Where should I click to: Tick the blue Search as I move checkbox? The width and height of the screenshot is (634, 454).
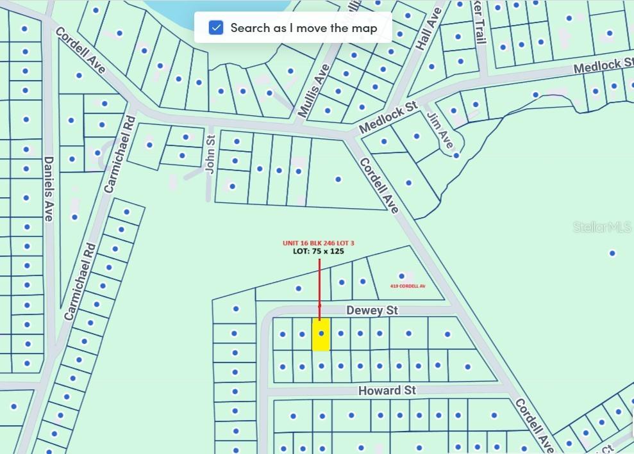tap(216, 28)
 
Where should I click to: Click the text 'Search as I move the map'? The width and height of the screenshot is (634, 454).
tap(303, 28)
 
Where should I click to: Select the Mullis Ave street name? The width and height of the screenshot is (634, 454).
tap(313, 90)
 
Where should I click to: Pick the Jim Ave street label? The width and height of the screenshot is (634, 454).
tap(440, 130)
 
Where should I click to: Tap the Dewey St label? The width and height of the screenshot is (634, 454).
tap(372, 311)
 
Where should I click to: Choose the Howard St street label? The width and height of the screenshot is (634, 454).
tap(387, 390)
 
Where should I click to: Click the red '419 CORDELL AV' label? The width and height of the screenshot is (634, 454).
tap(408, 286)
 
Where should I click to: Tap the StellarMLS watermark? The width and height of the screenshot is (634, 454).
tap(602, 227)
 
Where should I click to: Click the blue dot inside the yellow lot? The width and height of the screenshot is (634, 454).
tap(321, 333)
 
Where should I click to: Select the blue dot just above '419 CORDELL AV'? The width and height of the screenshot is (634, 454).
tap(402, 276)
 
